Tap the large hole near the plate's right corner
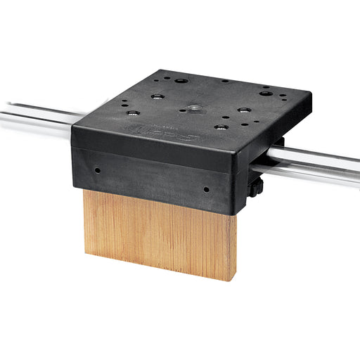click(265, 94)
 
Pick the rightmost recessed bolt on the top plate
click(243, 110)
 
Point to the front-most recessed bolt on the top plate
click(221, 127)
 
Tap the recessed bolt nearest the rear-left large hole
click(156, 96)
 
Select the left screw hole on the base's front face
click(97, 169)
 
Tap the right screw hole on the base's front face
click(206, 189)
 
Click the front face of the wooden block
click(155, 232)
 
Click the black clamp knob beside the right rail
click(258, 186)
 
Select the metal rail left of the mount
click(35, 120)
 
